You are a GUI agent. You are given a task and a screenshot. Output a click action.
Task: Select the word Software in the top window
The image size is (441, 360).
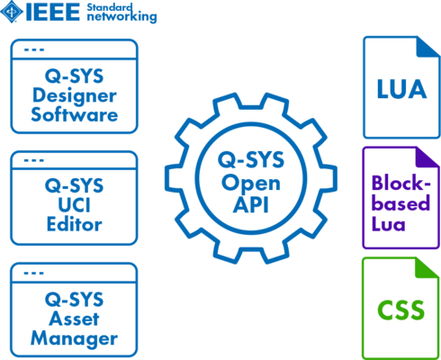click(75, 115)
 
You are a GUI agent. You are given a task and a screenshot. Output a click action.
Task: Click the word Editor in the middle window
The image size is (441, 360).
click(75, 227)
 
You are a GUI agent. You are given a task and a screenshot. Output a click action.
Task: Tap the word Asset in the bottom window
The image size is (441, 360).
click(75, 321)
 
